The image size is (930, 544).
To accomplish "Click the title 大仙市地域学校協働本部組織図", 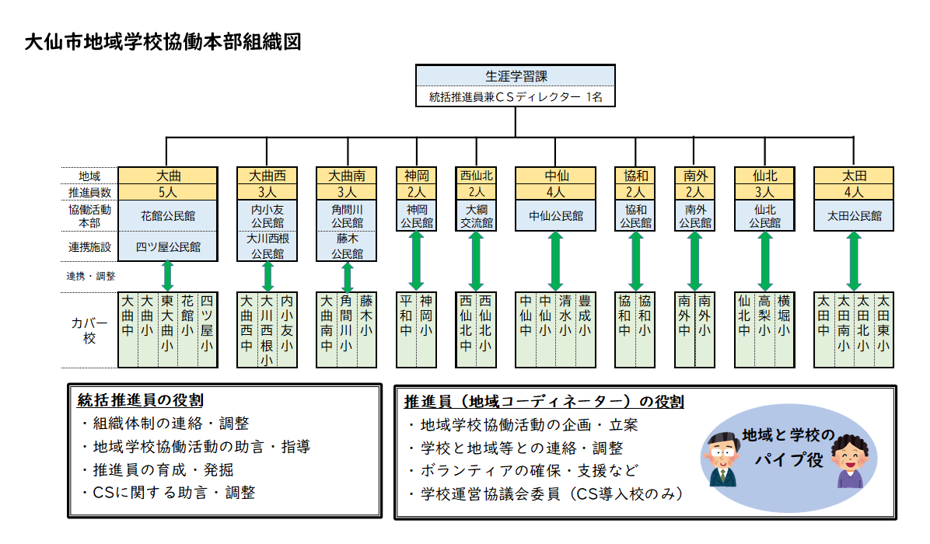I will [163, 41].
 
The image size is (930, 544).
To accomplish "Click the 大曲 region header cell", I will [168, 176].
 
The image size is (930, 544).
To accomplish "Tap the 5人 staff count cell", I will [168, 191].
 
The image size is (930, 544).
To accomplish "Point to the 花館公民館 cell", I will [168, 215].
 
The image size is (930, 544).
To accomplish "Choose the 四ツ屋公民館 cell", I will [168, 246].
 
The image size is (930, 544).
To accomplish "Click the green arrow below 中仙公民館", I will [555, 261].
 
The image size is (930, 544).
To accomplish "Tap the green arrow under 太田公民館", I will [854, 261].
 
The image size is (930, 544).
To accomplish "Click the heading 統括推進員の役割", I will [141, 400].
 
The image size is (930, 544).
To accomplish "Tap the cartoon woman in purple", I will [850, 463].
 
